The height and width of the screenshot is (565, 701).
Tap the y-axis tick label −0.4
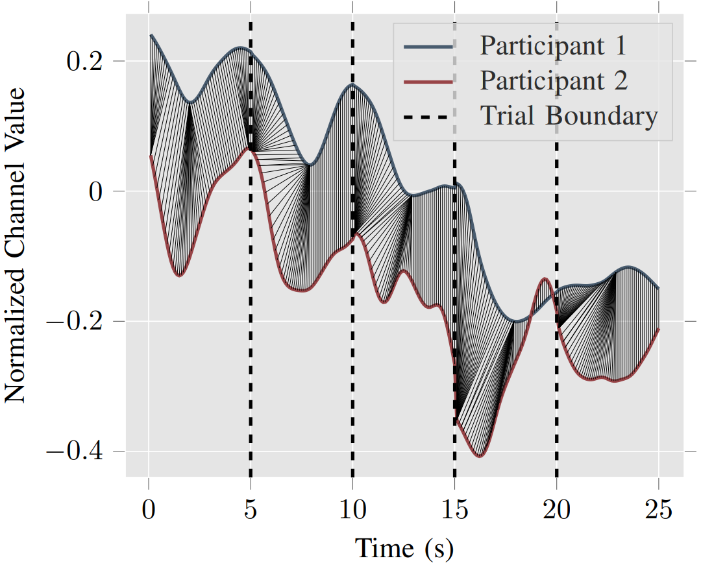point(76,451)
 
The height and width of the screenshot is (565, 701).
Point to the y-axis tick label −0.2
point(76,322)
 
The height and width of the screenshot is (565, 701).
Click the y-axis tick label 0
point(101,191)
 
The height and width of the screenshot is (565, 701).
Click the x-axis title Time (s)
point(404,548)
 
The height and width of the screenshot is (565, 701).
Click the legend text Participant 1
point(554,46)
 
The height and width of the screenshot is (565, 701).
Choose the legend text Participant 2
point(554,81)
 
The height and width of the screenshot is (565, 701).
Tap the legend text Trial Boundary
point(569,116)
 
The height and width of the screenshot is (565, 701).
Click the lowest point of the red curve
point(480,457)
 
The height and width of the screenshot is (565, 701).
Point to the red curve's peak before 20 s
point(545,278)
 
